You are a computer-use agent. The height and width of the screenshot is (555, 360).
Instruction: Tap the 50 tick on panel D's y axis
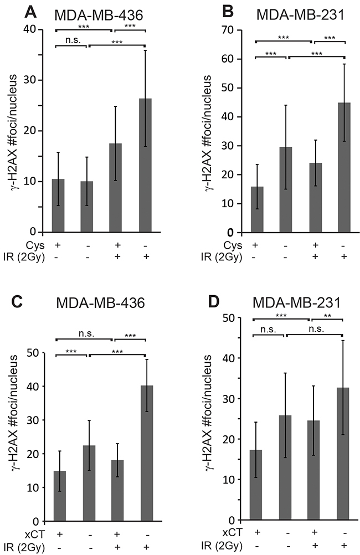[236, 317]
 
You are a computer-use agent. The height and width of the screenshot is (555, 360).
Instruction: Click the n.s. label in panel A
[71, 39]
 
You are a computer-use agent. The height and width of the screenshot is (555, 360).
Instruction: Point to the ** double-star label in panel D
[327, 313]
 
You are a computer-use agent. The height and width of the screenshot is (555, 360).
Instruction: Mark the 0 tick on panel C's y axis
[39, 522]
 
